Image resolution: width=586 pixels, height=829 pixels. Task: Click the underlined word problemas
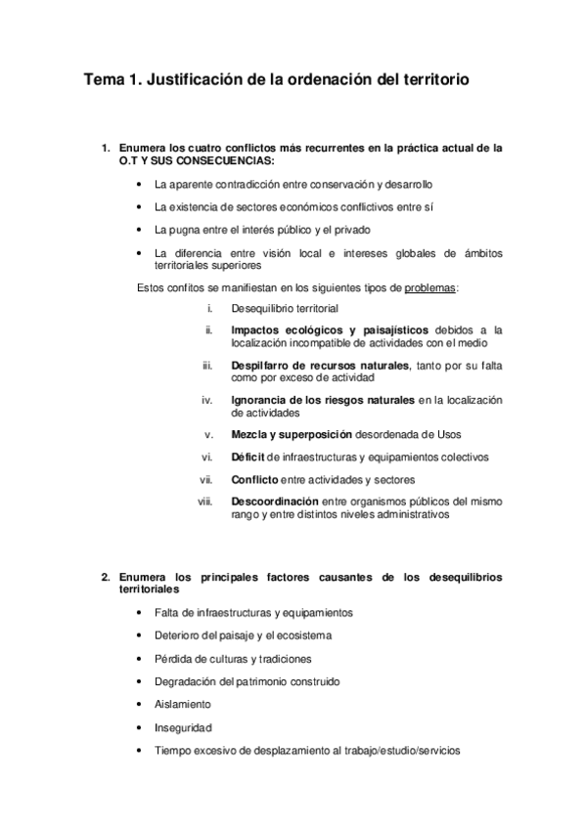430,287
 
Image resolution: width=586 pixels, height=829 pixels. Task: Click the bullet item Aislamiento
182,704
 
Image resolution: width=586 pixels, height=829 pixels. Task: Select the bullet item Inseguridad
183,727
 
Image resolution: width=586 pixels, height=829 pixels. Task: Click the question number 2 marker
105,578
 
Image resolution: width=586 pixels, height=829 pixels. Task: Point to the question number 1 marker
105,149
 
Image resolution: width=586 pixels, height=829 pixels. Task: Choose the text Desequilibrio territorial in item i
285,308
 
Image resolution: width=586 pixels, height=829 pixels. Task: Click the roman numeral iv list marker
206,400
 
